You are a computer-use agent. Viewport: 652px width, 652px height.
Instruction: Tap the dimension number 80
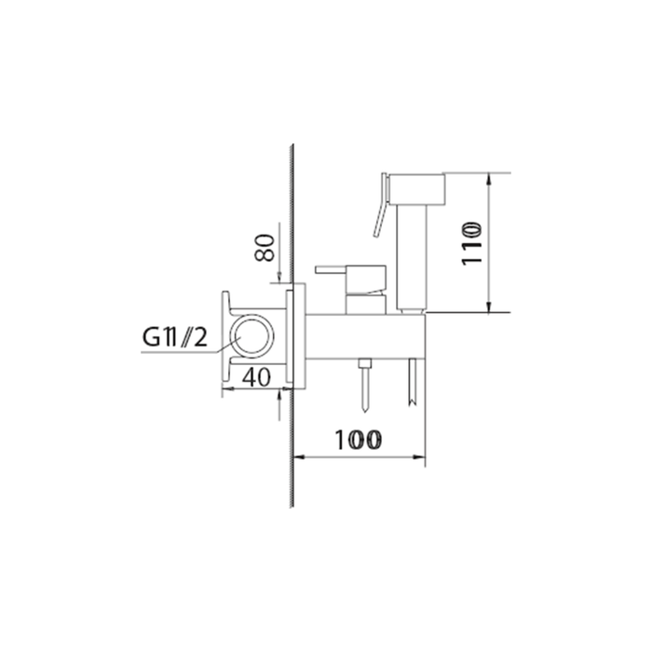[x=265, y=249]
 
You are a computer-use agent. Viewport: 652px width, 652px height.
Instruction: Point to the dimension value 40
[x=256, y=376]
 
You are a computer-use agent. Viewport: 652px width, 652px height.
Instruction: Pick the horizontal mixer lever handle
[x=332, y=269]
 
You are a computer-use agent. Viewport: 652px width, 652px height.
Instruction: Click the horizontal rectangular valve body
[x=363, y=336]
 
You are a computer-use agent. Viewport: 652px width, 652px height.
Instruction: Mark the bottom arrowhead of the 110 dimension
[x=491, y=308]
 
